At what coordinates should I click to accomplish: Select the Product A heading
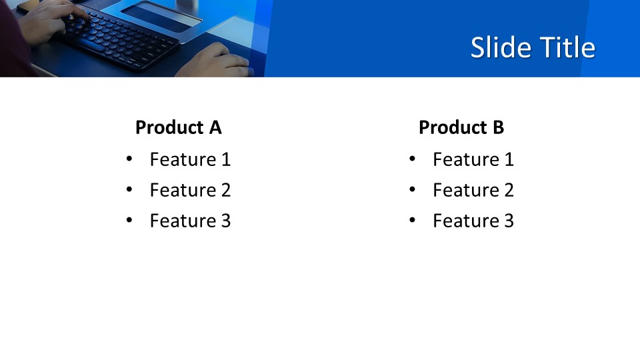coord(179,127)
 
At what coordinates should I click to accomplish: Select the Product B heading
coord(461,127)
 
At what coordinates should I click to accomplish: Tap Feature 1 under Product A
coord(190,159)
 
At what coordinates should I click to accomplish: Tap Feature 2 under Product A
coord(190,190)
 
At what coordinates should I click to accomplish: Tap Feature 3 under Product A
coord(190,221)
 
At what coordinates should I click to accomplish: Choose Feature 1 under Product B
coord(473,159)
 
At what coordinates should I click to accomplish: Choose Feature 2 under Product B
coord(473,190)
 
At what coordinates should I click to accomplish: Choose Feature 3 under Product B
coord(473,221)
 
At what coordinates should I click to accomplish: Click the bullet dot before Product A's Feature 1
coord(129,159)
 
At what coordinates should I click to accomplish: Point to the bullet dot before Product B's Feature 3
coord(412,219)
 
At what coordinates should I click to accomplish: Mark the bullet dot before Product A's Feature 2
coord(129,189)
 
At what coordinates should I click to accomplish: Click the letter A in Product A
coord(215,127)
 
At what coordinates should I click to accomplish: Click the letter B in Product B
coord(499,127)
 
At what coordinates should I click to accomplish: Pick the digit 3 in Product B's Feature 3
coord(509,221)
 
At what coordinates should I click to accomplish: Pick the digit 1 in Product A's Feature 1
coord(226,159)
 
